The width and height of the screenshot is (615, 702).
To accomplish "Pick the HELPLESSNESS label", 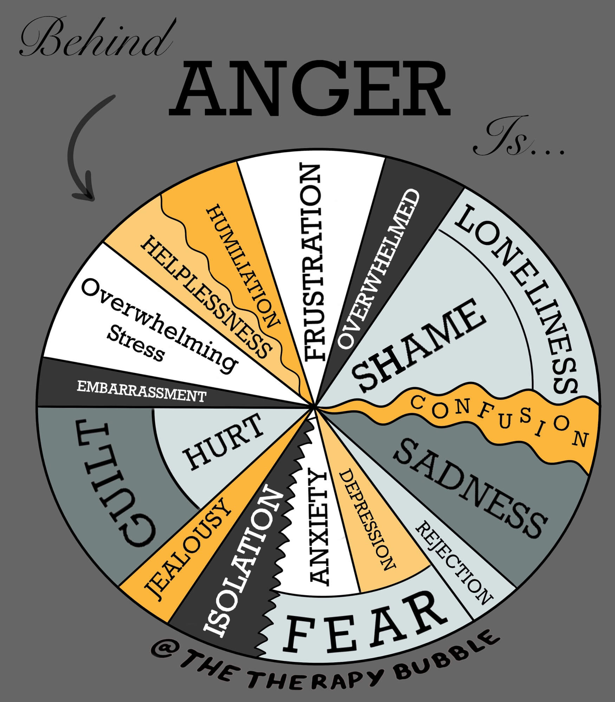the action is (x=207, y=297).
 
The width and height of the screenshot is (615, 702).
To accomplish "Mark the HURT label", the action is (x=225, y=443).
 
